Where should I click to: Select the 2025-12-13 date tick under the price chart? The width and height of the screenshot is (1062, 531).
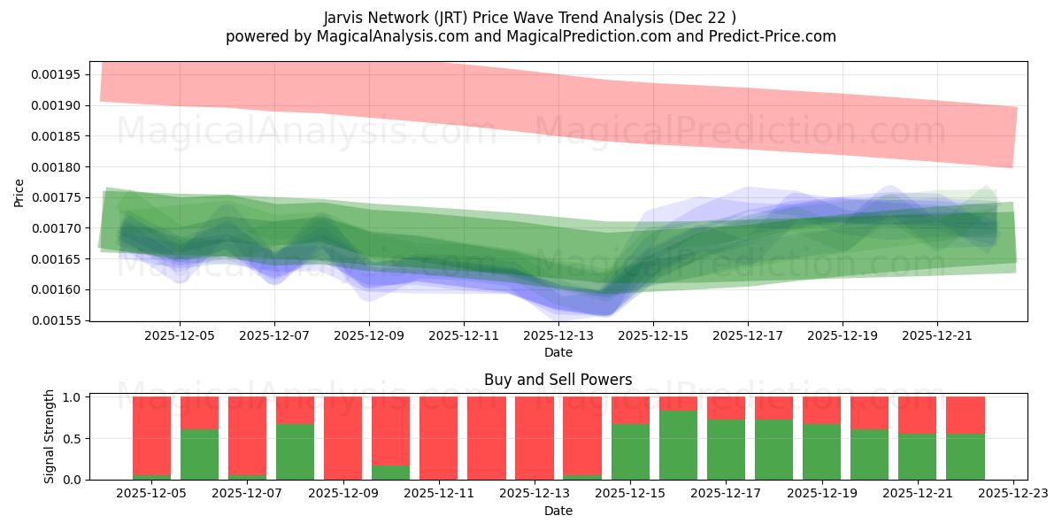(x=558, y=336)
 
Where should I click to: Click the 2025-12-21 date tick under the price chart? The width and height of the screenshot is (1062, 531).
(x=937, y=336)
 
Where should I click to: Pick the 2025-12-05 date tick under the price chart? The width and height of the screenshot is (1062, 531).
(x=180, y=336)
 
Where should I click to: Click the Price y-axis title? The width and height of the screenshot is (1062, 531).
(x=19, y=191)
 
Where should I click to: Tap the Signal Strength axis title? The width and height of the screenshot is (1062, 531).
(x=50, y=436)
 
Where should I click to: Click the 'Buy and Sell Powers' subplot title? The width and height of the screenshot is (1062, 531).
(x=558, y=380)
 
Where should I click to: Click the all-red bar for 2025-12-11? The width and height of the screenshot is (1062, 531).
(x=439, y=438)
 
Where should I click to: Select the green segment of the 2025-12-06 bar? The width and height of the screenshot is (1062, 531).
(x=199, y=454)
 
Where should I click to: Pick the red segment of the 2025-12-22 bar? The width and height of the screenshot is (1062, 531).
(x=966, y=415)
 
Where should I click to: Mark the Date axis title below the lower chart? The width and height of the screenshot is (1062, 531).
(x=558, y=511)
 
